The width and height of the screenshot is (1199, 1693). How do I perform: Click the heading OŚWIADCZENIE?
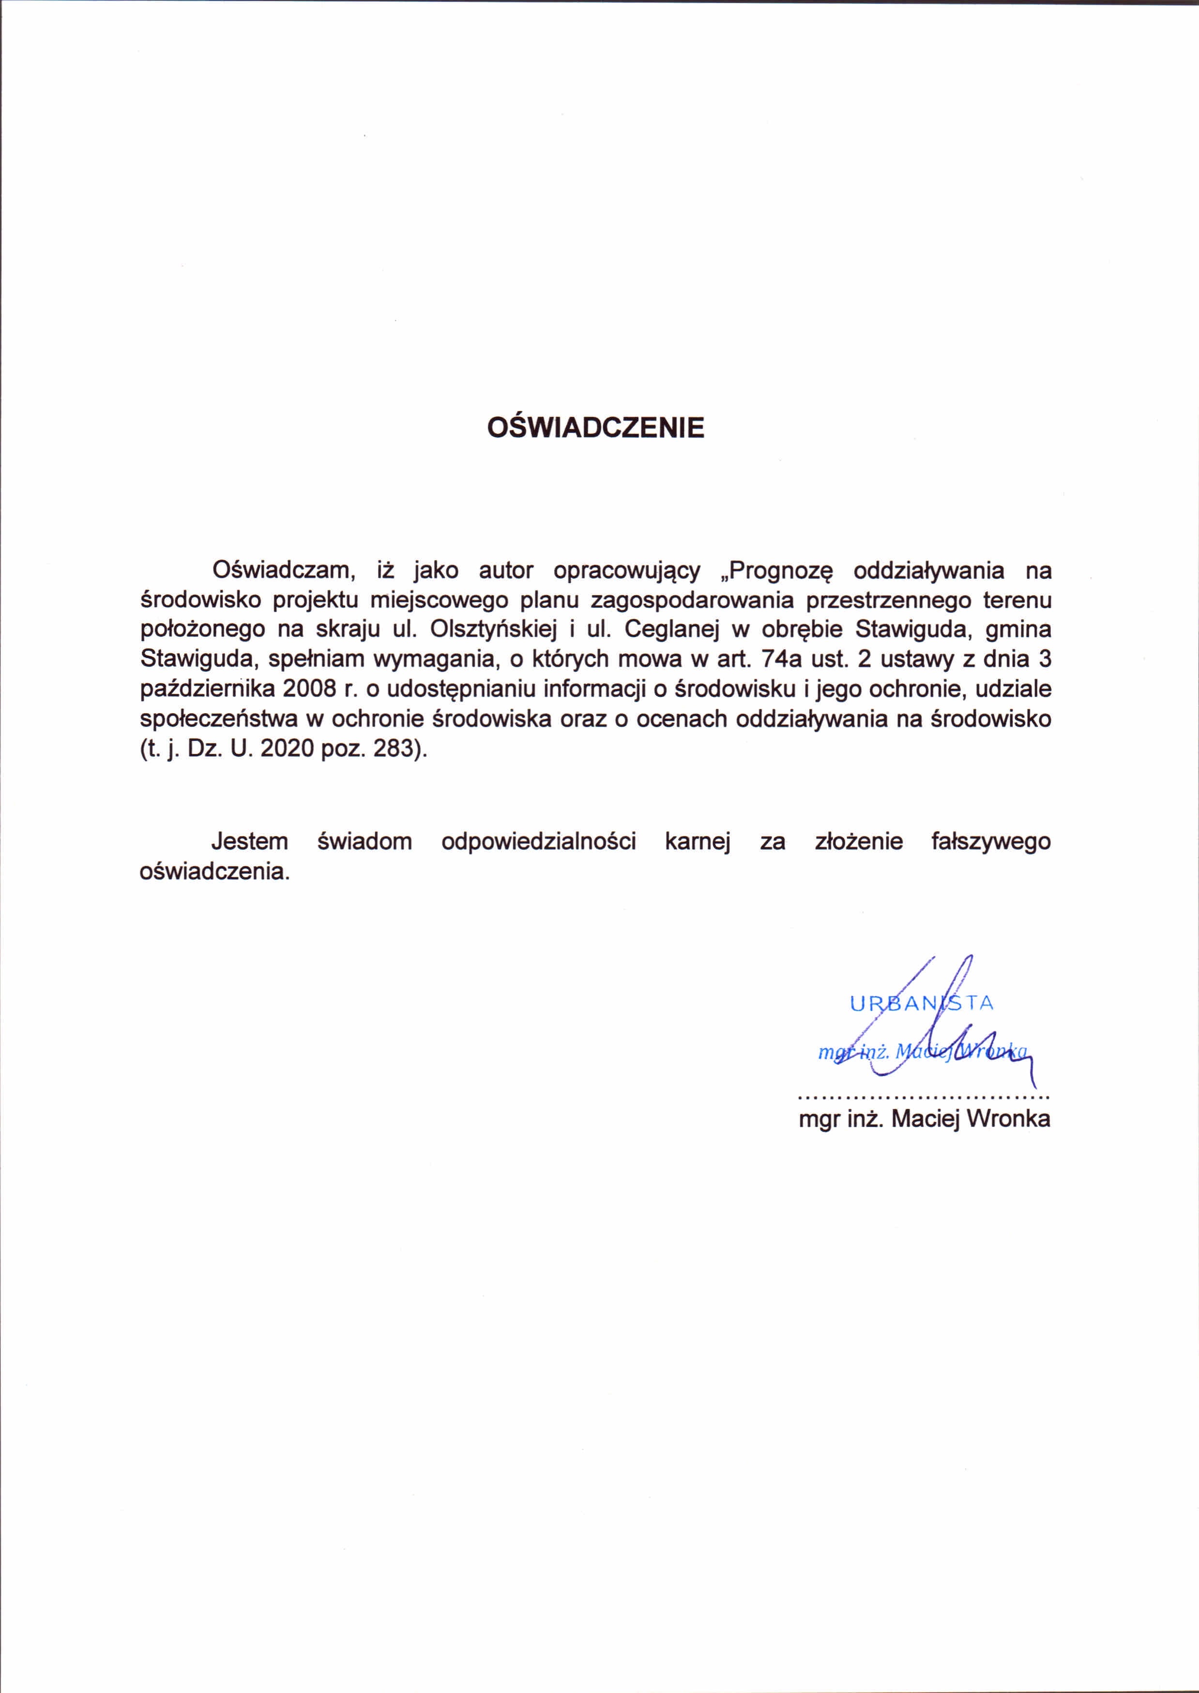[x=596, y=429]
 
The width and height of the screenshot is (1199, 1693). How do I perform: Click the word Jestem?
[x=250, y=842]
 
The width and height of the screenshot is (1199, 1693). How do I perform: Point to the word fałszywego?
[x=991, y=843]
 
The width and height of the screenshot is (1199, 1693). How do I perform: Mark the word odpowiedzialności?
[x=538, y=843]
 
